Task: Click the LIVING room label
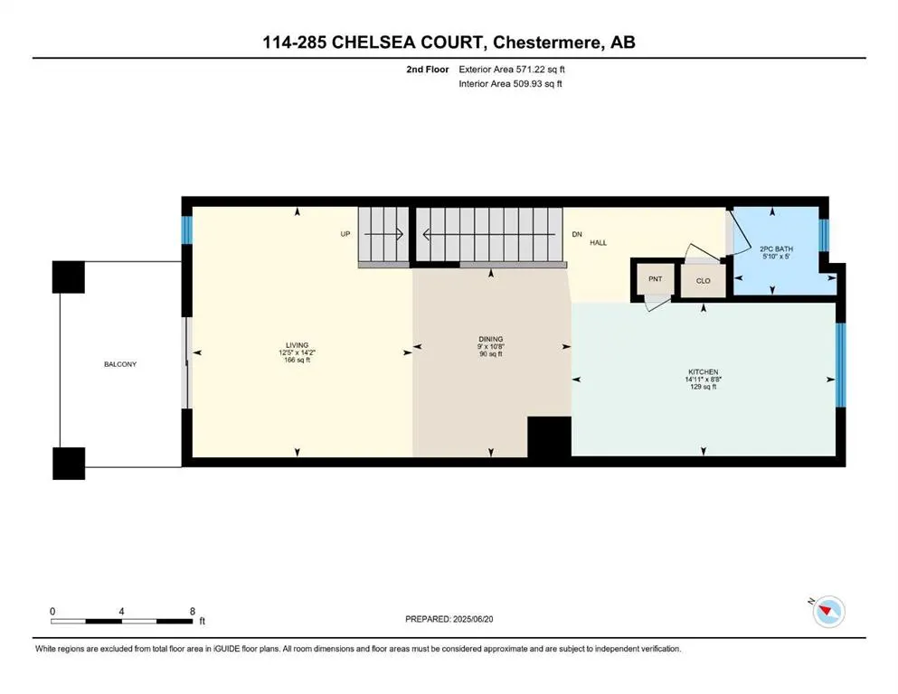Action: (x=297, y=345)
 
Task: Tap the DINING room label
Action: (x=491, y=339)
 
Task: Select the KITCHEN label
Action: (x=703, y=372)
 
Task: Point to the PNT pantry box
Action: (x=655, y=279)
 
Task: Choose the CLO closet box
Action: (x=703, y=281)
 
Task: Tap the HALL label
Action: (x=598, y=243)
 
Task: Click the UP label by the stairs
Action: (x=345, y=234)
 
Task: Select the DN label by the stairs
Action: (x=576, y=234)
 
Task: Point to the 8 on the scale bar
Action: (x=192, y=611)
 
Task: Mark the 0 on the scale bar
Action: (x=53, y=611)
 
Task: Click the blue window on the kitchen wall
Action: (x=839, y=366)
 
